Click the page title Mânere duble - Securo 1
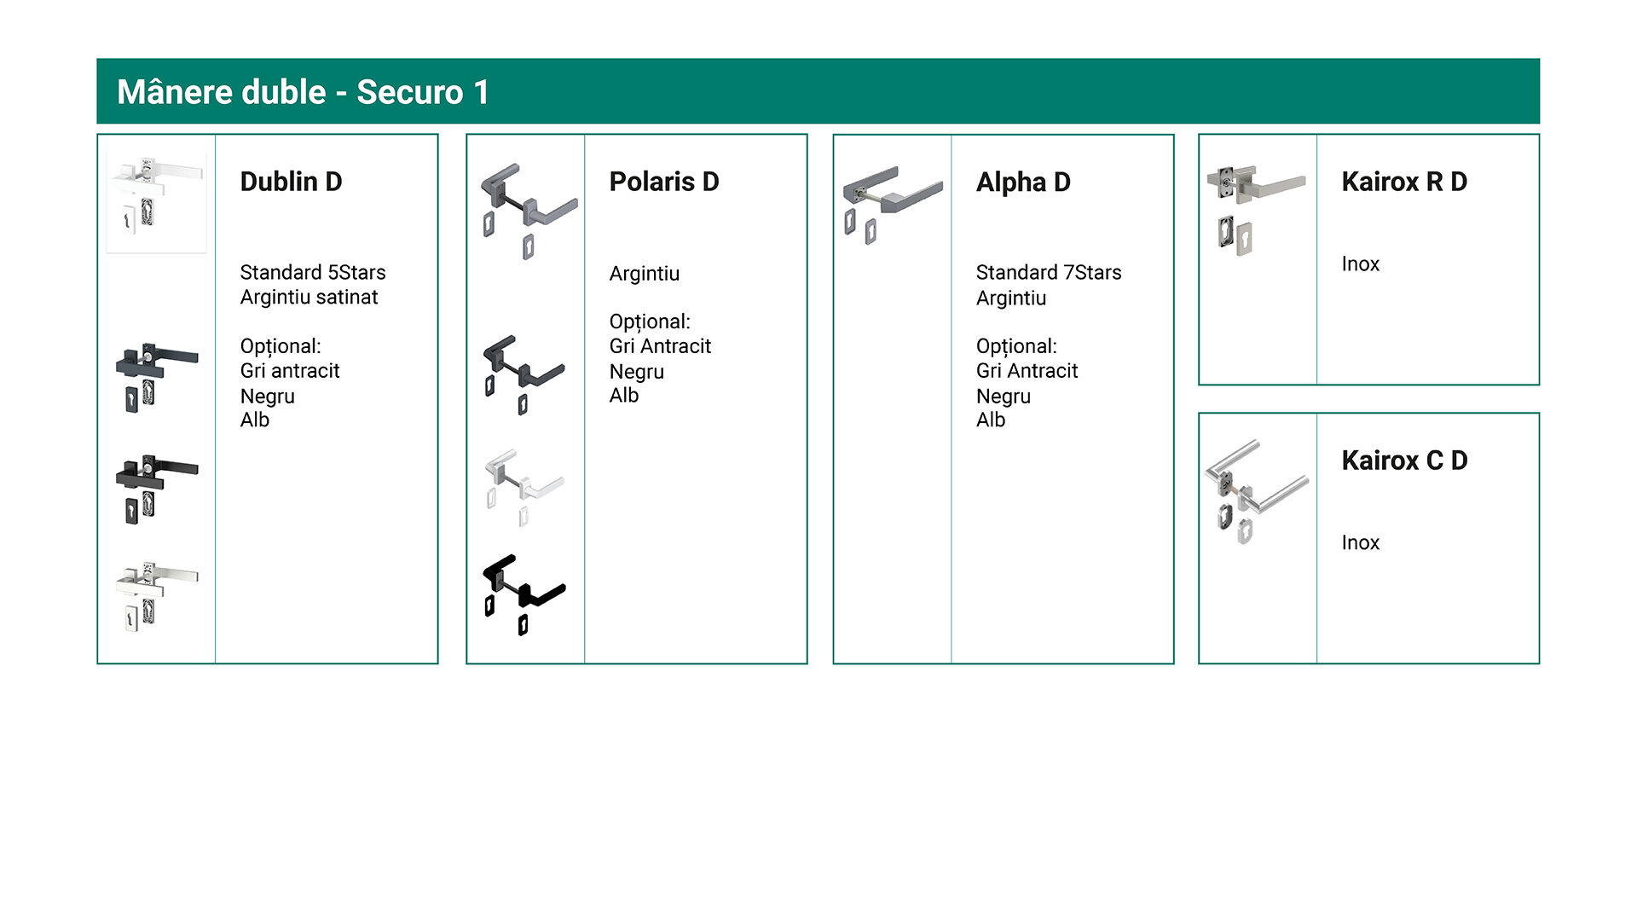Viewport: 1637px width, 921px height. (x=304, y=92)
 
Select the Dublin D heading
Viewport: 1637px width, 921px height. (x=291, y=182)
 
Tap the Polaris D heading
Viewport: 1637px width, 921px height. (x=664, y=182)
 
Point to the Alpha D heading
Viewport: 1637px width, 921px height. (x=1023, y=182)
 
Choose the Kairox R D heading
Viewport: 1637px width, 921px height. (x=1404, y=182)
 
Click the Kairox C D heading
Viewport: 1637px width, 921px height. (x=1404, y=460)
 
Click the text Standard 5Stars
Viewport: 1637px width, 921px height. (x=313, y=273)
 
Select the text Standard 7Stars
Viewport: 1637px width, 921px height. (x=1049, y=273)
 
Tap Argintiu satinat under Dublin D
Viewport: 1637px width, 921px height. (x=309, y=298)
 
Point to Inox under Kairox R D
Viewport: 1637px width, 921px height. (x=1360, y=264)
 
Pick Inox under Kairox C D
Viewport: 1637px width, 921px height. (x=1360, y=543)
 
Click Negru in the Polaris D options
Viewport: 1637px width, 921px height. (x=636, y=372)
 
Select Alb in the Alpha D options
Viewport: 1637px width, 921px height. (x=991, y=420)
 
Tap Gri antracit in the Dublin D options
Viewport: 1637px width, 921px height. (x=290, y=371)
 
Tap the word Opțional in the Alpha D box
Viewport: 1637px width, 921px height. (x=1015, y=346)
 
